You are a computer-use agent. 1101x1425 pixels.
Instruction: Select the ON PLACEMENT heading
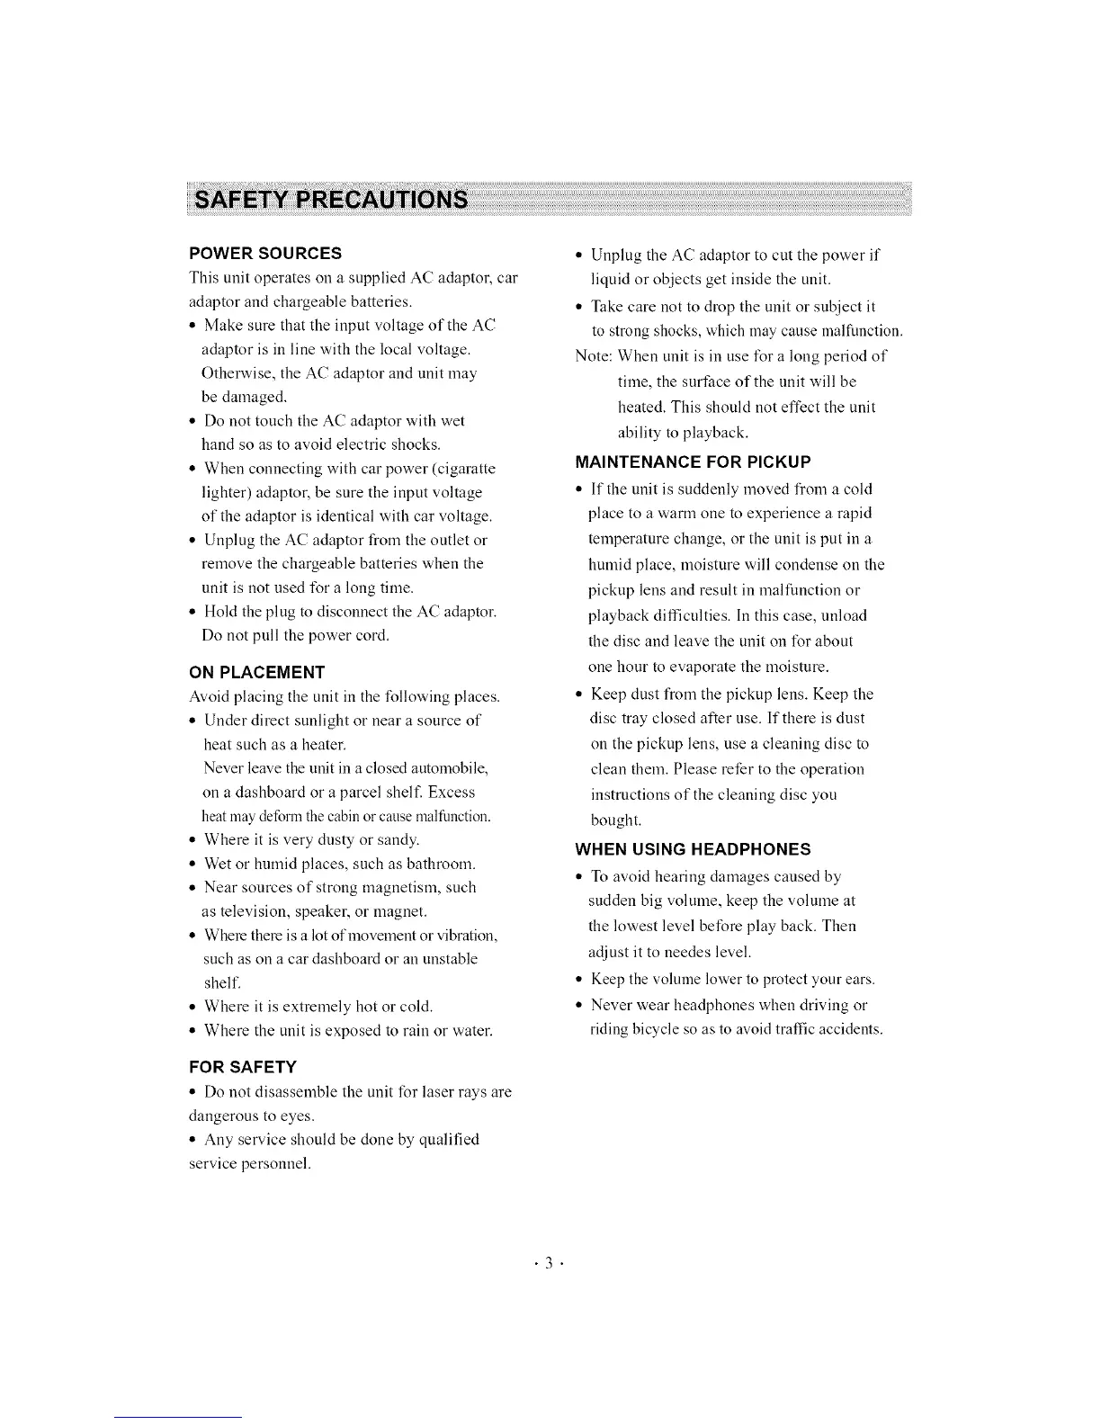[x=256, y=672]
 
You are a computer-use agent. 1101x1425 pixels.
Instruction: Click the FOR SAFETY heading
[x=242, y=1067]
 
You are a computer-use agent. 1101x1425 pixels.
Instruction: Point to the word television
[x=240, y=911]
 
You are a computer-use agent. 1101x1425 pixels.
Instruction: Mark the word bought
[x=614, y=820]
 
